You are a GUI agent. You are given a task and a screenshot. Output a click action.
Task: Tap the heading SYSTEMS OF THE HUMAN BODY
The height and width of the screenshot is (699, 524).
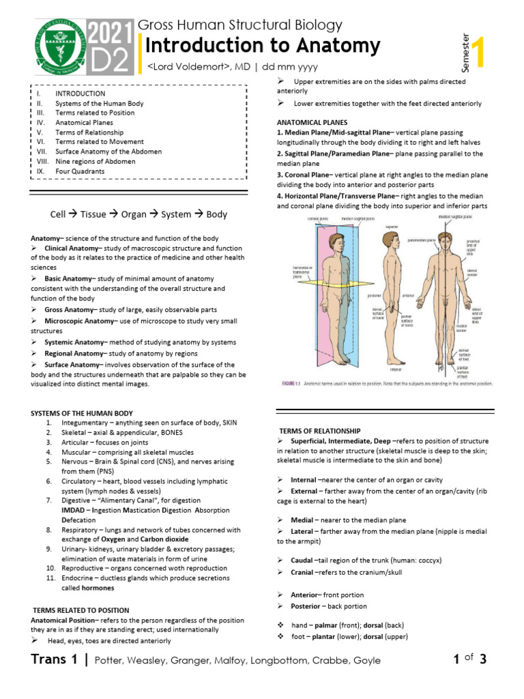tap(82, 413)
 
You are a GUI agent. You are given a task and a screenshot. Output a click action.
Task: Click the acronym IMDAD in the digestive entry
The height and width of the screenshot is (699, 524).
tap(73, 510)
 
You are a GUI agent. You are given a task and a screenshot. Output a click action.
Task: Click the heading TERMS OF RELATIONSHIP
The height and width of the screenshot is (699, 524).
tap(320, 431)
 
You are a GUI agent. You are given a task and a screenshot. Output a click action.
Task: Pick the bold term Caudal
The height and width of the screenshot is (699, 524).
tap(302, 560)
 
